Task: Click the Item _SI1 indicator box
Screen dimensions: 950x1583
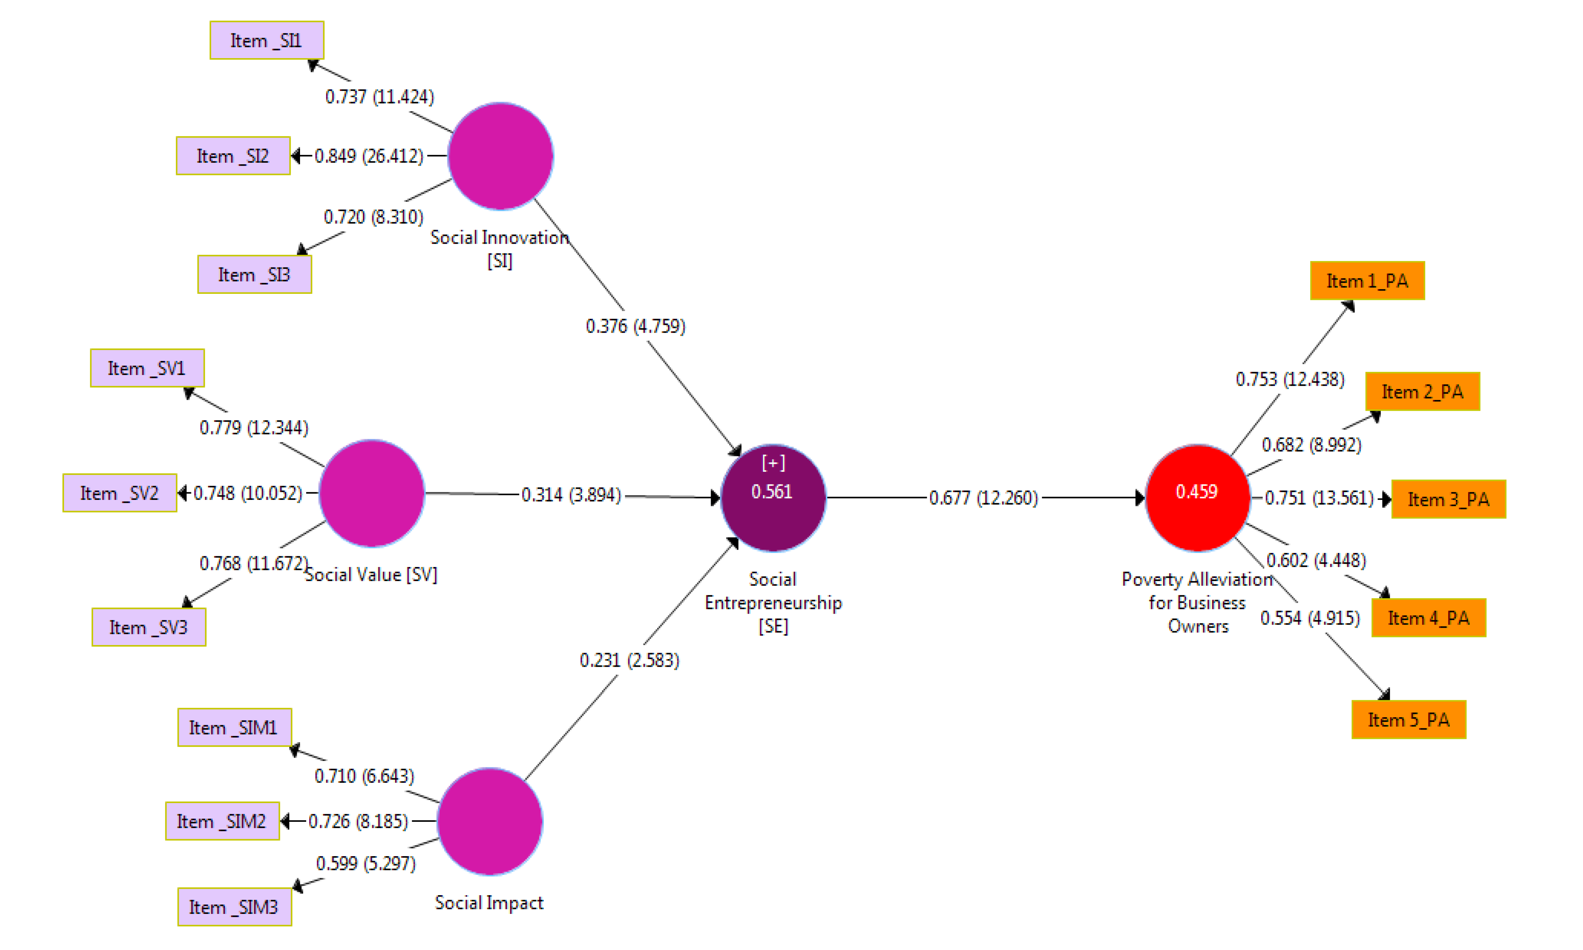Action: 266,40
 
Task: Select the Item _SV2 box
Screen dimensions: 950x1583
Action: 120,493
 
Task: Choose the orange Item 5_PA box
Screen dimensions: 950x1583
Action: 1409,720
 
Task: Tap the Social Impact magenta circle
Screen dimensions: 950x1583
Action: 490,822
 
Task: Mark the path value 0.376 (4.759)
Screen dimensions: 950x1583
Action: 635,327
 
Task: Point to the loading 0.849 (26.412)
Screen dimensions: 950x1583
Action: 369,156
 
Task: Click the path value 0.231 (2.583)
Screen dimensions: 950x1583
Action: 629,660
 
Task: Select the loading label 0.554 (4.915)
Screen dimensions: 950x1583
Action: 1310,618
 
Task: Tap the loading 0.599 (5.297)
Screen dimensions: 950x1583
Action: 366,864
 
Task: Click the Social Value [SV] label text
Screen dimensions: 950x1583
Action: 371,575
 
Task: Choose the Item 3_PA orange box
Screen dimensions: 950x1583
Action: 1449,499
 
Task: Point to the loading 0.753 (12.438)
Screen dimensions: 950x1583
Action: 1290,380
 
